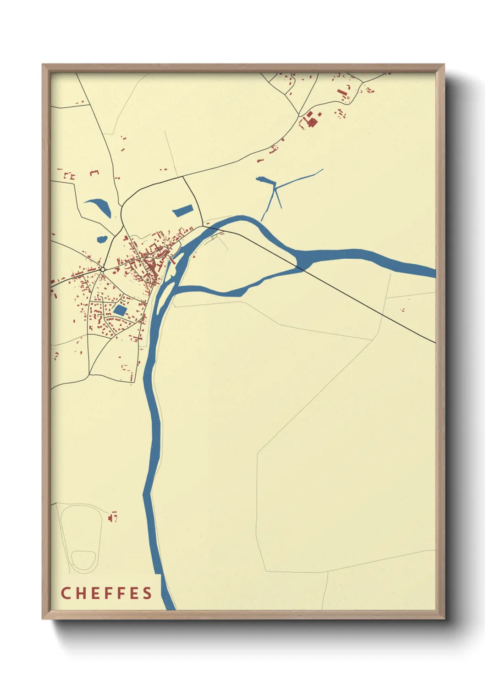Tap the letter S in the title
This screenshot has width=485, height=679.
point(147,593)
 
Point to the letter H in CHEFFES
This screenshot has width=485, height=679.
point(82,593)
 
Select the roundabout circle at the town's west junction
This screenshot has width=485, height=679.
point(103,269)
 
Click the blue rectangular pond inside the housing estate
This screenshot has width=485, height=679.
point(120,310)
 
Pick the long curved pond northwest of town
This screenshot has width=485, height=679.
point(100,206)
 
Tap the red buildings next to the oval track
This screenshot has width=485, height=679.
point(112,517)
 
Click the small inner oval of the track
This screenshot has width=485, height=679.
point(83,560)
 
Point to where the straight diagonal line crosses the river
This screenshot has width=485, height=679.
point(300,266)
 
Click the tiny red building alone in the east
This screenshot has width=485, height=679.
point(403,310)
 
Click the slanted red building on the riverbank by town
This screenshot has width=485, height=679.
point(172,261)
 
